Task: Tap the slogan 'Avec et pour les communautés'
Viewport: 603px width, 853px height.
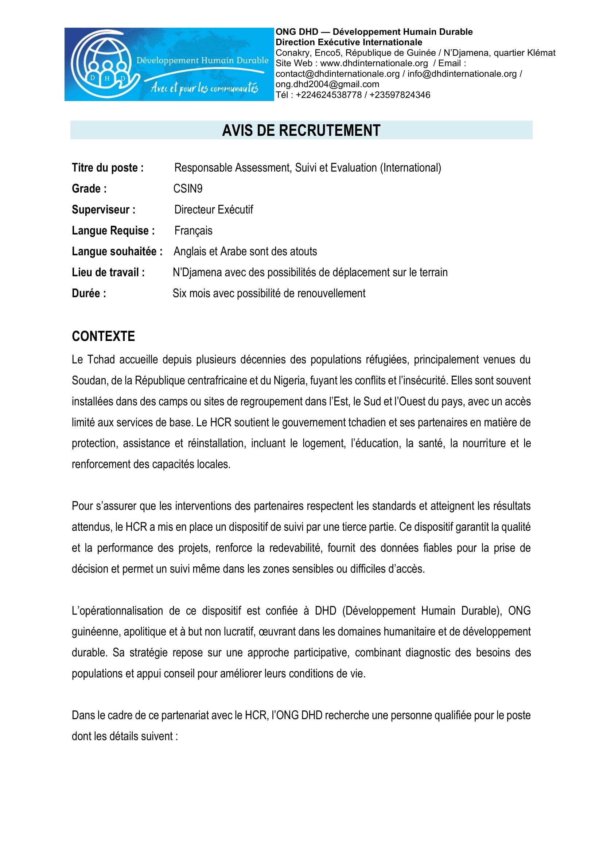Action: click(x=204, y=88)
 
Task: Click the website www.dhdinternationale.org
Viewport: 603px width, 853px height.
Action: click(x=374, y=63)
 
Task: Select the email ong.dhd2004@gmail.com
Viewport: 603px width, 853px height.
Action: click(x=327, y=84)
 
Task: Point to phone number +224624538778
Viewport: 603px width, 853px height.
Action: click(x=328, y=95)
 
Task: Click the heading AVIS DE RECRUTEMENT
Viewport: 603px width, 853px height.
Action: click(x=301, y=131)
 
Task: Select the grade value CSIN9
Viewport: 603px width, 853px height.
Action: click(x=188, y=189)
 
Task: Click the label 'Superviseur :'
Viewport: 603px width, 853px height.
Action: click(x=104, y=210)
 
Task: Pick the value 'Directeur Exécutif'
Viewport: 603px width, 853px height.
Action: click(x=214, y=210)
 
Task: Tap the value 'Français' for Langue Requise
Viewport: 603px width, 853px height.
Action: click(x=193, y=231)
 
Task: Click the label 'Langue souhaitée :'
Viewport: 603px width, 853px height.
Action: click(x=117, y=252)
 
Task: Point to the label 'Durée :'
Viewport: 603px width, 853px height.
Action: click(x=89, y=294)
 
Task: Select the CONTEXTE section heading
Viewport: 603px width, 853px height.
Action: click(x=103, y=336)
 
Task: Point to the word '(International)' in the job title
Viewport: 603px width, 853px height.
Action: click(x=410, y=168)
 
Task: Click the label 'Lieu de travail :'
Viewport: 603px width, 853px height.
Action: click(x=108, y=273)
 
